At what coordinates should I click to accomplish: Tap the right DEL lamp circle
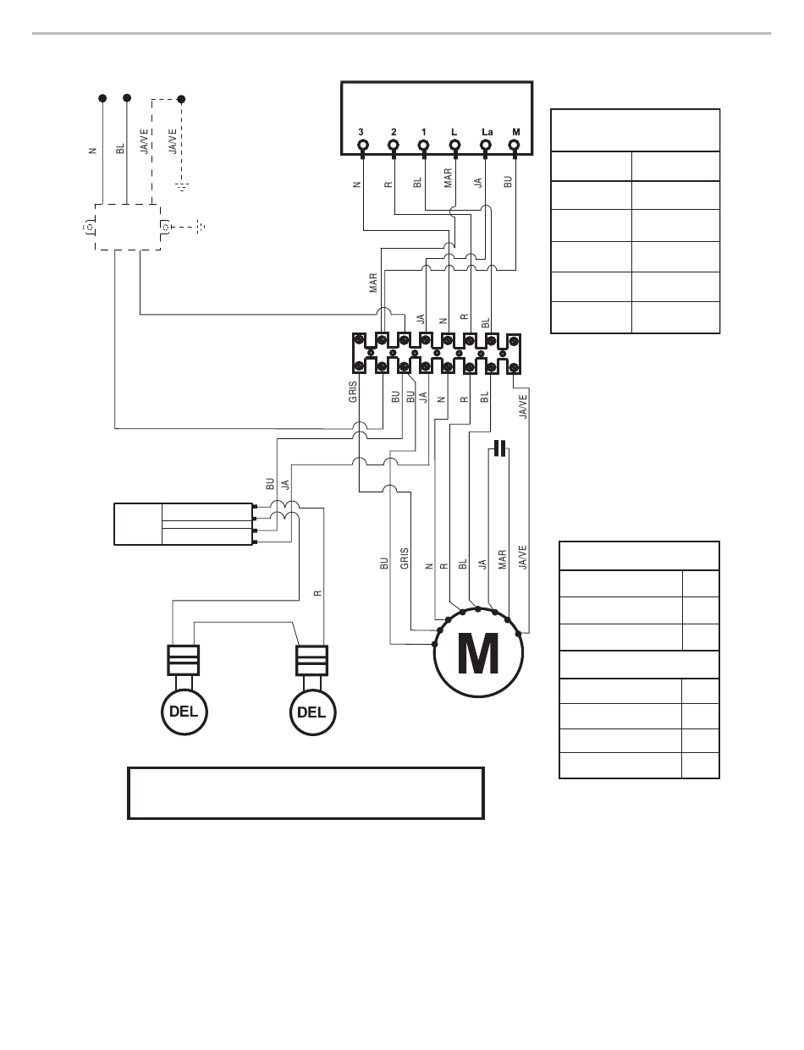click(311, 711)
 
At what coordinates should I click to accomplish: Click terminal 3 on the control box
click(362, 146)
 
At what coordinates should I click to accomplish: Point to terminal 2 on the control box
click(394, 146)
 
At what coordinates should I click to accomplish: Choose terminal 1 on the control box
click(424, 146)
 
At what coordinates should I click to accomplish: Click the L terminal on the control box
click(454, 146)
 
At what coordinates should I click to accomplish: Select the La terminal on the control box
click(485, 146)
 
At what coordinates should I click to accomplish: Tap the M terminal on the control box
click(515, 146)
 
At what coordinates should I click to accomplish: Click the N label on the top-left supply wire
click(92, 151)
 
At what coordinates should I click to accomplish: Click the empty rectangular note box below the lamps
click(306, 793)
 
